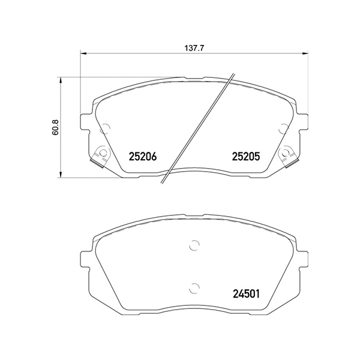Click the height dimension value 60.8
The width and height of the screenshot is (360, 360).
click(55, 127)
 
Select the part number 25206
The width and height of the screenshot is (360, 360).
click(143, 157)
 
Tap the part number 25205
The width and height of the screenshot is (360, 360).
click(245, 157)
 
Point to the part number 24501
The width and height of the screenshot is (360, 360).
click(245, 295)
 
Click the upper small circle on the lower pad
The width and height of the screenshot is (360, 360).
click(193, 244)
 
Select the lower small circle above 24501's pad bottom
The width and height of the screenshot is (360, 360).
click(193, 287)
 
